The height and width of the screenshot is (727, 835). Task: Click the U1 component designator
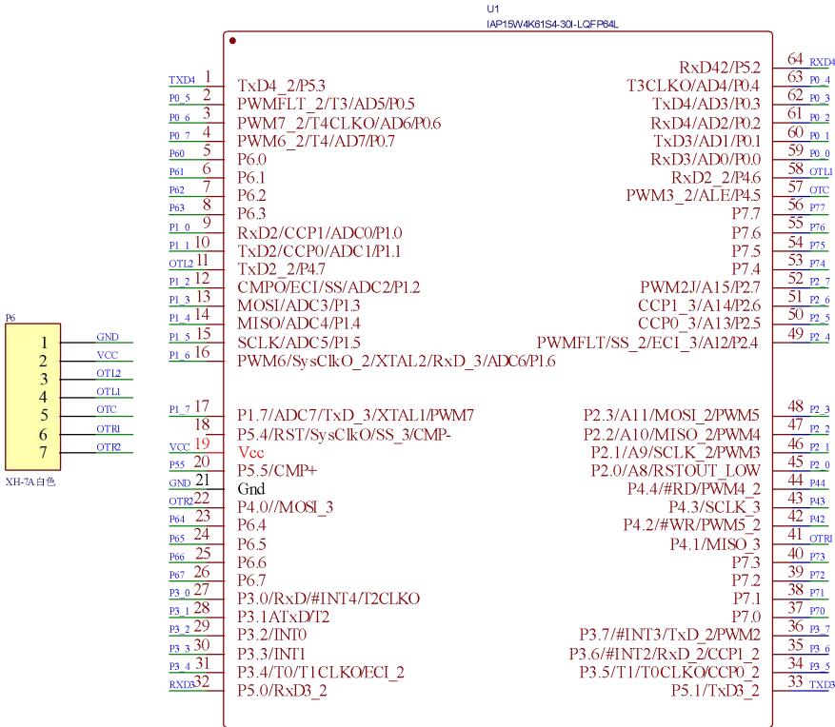tap(491, 9)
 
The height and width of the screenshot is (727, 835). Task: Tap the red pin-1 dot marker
tap(233, 41)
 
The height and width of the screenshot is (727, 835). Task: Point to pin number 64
tap(796, 60)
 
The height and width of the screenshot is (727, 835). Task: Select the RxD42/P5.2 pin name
tap(719, 68)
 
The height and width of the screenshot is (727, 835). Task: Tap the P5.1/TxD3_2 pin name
tap(715, 690)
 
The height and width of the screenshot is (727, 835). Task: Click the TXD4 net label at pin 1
tap(181, 80)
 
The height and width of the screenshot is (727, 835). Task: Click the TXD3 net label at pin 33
tap(821, 685)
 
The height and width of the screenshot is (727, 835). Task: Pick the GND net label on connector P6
tap(108, 337)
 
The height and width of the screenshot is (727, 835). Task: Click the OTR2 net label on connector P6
tap(108, 445)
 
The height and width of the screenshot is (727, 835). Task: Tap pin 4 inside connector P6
tap(42, 396)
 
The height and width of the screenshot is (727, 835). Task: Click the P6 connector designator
tap(10, 320)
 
